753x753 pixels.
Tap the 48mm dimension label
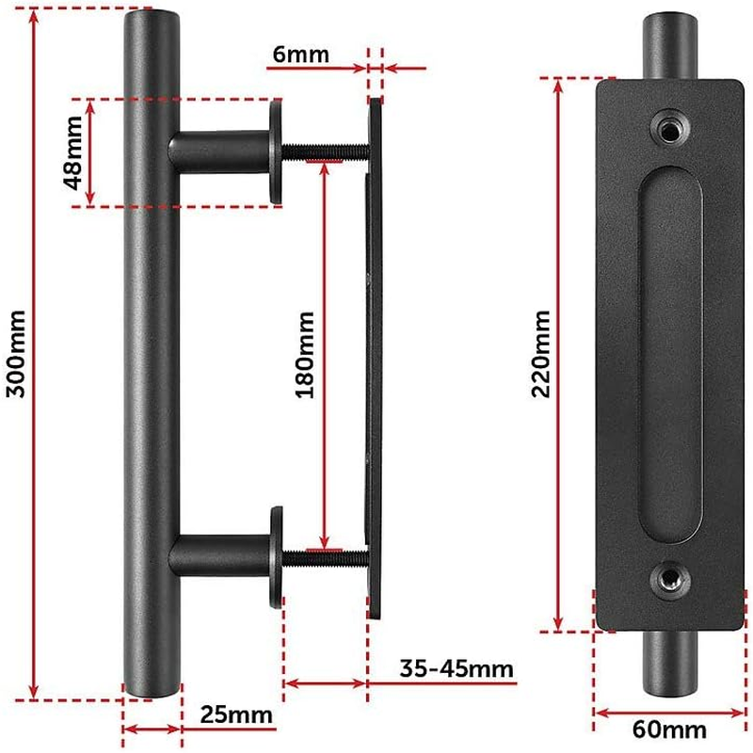point(73,152)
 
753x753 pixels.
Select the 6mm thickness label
point(300,54)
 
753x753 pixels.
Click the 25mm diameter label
point(235,716)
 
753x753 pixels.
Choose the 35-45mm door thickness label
point(456,669)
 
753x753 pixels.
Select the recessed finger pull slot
point(668,353)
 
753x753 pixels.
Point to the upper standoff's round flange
point(275,150)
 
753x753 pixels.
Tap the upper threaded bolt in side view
point(325,150)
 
